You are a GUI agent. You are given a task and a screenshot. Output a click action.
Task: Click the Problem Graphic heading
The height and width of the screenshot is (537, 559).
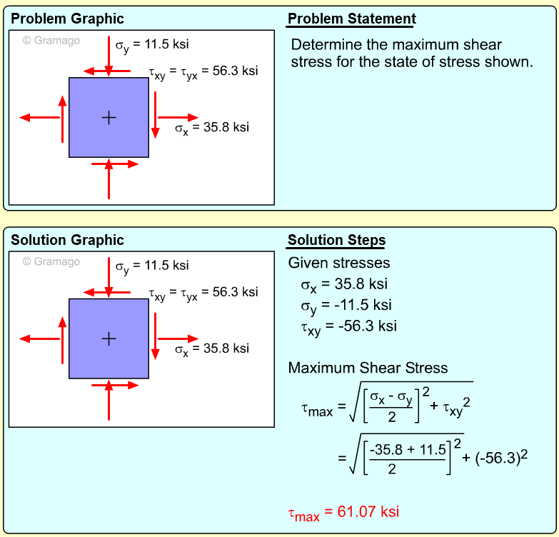pos(67,19)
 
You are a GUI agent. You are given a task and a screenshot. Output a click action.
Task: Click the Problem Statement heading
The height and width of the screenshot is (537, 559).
pos(351,19)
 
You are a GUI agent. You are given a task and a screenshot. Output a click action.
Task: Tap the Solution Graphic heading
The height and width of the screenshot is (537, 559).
pos(67,240)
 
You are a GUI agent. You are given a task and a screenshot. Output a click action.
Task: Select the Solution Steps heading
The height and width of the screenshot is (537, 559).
pos(336,240)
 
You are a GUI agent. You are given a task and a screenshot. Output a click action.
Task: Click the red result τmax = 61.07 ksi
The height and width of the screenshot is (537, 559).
pos(343,512)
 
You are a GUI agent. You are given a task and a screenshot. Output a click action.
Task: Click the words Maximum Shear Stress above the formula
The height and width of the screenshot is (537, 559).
pos(368,368)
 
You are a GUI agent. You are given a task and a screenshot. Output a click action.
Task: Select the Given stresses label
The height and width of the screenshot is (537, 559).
pos(339,263)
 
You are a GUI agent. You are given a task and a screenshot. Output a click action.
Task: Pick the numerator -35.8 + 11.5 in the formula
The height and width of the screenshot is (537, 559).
pos(408,449)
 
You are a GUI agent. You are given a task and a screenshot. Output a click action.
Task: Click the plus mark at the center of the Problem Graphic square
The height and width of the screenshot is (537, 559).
pos(109,117)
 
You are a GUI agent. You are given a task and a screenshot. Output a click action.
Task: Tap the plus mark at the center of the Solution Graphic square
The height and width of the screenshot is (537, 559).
pos(109,338)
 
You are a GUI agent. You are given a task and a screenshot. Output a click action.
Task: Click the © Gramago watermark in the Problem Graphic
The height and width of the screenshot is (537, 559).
pos(51,41)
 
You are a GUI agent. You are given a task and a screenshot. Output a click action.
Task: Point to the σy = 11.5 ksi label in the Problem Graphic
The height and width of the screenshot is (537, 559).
pos(152,45)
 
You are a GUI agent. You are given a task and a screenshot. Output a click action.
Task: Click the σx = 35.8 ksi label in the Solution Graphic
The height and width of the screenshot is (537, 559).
pos(212,349)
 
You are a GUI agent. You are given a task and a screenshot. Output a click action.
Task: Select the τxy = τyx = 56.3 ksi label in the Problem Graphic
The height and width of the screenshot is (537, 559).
pos(203,72)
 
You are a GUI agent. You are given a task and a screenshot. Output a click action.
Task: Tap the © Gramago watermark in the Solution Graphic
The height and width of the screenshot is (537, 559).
pos(51,262)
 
